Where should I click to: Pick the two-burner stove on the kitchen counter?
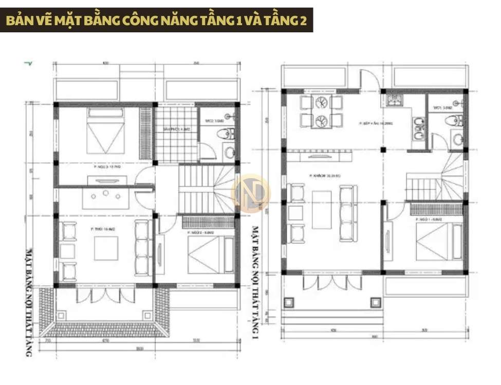click(418, 129)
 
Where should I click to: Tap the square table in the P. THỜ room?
click(105, 249)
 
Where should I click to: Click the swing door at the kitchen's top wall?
click(370, 80)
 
